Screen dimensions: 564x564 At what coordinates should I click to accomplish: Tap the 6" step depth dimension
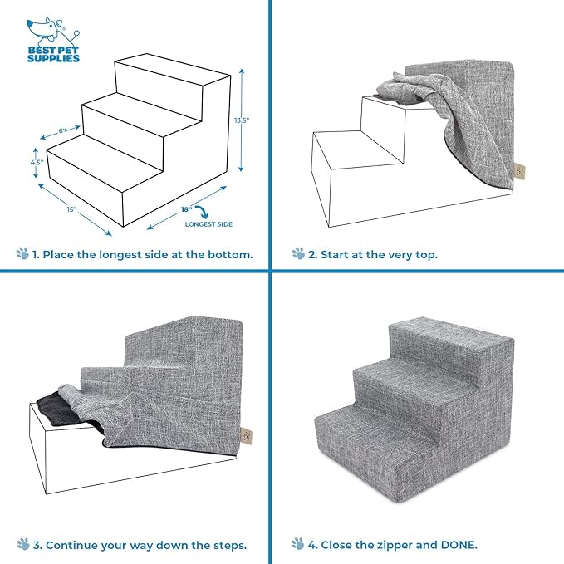point(61,131)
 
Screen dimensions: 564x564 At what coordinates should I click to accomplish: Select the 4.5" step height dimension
point(36,163)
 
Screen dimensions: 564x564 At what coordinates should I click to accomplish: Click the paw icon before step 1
point(22,253)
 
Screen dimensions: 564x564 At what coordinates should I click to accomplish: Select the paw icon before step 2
point(298,253)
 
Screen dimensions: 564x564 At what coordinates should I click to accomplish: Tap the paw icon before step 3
point(22,545)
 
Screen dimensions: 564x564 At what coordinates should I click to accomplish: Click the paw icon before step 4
point(298,545)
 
